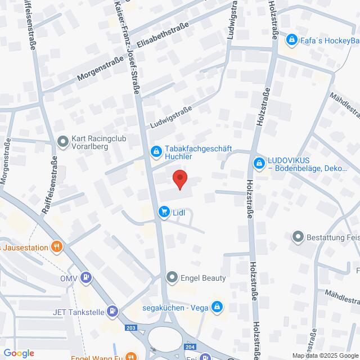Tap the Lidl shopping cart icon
[164, 212]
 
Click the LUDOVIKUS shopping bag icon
[259, 163]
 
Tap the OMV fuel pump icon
[85, 277]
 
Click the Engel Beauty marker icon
[172, 277]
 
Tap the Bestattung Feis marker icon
[298, 237]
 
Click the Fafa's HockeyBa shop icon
[291, 40]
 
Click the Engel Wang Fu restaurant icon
[131, 356]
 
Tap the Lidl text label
[179, 213]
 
